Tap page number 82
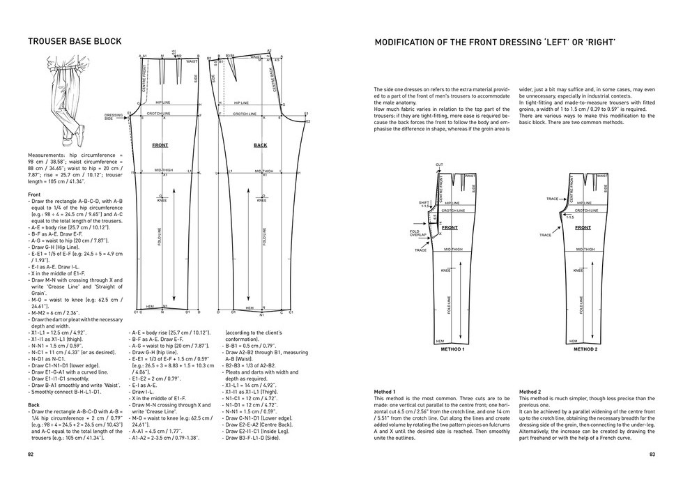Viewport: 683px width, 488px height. point(31,454)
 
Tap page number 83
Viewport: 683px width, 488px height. point(651,454)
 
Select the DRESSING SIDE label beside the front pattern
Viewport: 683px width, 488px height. point(114,116)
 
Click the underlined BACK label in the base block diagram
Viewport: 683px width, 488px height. point(260,145)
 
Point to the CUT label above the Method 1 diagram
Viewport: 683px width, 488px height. point(439,165)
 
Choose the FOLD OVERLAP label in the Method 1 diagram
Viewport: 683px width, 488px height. point(419,234)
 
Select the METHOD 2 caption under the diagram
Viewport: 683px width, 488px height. point(585,349)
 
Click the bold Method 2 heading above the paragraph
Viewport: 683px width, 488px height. point(530,392)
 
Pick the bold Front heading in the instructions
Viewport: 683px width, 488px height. point(34,195)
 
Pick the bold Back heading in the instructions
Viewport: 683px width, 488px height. point(33,404)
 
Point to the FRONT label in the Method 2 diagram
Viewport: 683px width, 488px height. point(583,228)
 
